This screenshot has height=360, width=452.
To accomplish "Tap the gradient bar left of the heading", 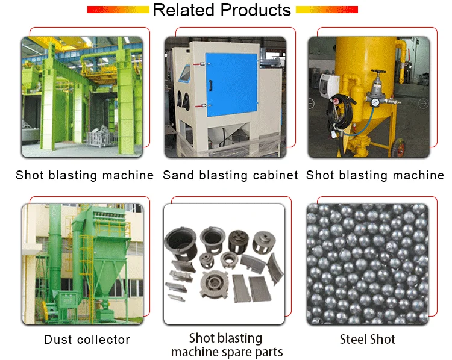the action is point(118,10).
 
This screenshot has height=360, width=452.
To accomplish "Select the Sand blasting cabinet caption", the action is point(231,176).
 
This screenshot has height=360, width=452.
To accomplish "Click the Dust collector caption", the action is point(87,340).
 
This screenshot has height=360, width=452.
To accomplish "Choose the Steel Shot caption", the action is point(368,339).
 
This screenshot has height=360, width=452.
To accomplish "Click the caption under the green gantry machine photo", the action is point(85,176).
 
